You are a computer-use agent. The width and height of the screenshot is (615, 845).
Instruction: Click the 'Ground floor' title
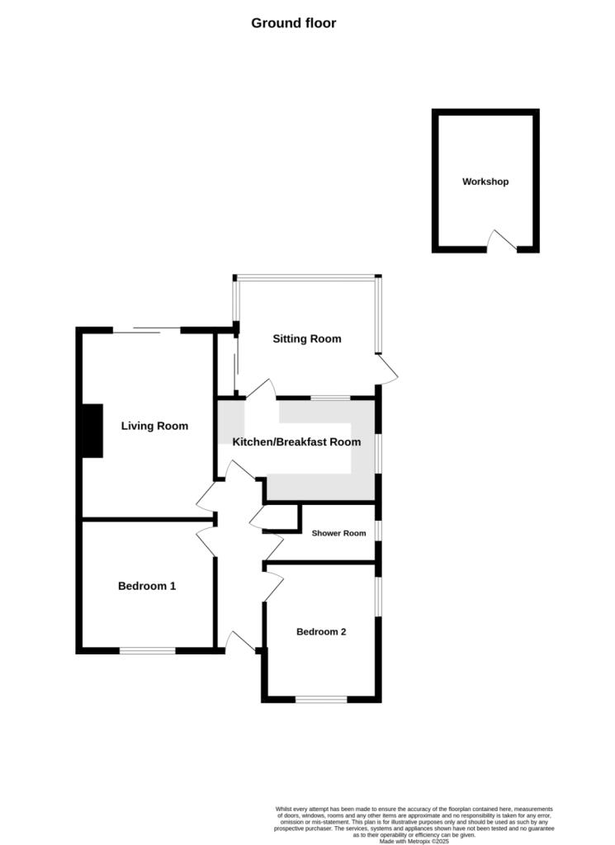pos(293,23)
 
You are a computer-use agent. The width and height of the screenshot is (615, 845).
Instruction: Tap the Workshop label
pos(485,182)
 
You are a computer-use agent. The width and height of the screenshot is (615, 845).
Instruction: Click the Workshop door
pos(501,241)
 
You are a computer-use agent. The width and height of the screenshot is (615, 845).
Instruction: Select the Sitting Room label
pos(307,338)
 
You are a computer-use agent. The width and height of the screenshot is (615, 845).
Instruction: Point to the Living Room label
pos(154,426)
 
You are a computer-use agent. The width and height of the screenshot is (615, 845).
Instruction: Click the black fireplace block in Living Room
pos(92,431)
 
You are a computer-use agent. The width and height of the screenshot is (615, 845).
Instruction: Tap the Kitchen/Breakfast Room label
pos(296,441)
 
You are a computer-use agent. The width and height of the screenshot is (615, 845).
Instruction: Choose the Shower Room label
pos(338,533)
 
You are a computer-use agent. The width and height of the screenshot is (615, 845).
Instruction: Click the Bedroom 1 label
pos(147,586)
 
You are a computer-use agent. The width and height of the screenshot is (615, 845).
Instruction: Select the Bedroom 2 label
pos(321,632)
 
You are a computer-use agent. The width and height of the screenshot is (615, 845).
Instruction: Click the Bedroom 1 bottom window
pos(147,650)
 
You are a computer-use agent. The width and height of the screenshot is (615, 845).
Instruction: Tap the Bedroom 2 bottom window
pos(321,700)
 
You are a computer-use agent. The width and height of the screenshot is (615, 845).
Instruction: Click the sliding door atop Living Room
pos(146,330)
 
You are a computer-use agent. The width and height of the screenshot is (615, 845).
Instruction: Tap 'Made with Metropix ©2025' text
pos(414,841)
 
